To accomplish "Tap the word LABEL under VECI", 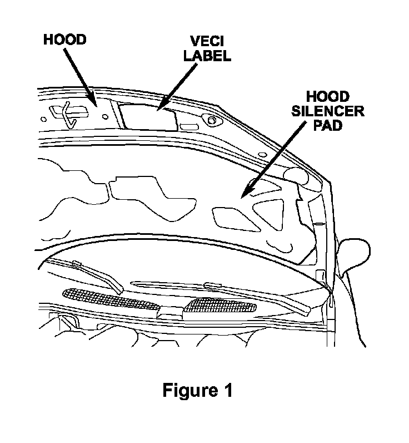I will tap(207, 57).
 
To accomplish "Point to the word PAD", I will tap(328, 125).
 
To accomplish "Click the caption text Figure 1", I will tap(197, 390).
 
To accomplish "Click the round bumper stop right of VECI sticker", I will tap(212, 119).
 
